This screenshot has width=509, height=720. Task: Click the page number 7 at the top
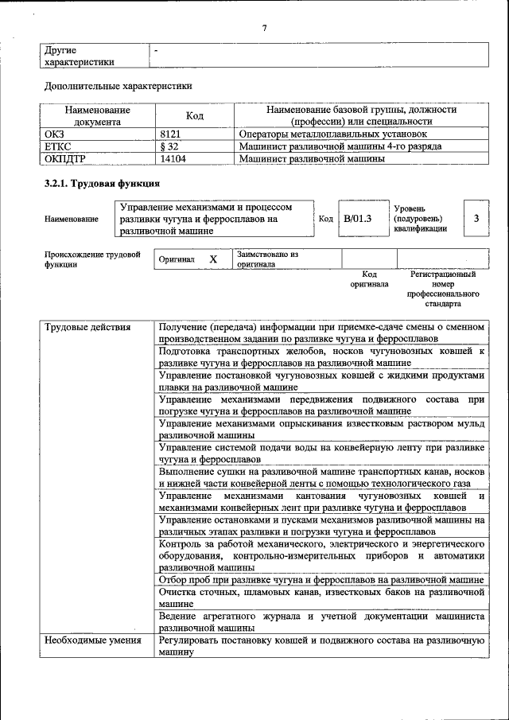coord(263,29)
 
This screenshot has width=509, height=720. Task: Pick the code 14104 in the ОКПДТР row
coord(173,159)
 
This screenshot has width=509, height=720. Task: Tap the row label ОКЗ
coord(54,135)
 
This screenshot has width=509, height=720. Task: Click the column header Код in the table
coord(195,116)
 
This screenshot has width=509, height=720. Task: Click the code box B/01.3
coord(358,218)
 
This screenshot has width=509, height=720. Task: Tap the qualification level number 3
coord(476,218)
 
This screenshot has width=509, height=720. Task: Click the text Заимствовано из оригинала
coord(266,259)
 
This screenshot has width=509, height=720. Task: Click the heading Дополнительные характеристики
coord(118,85)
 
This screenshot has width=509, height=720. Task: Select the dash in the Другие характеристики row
coord(157,50)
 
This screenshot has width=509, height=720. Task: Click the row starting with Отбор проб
coord(321,580)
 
